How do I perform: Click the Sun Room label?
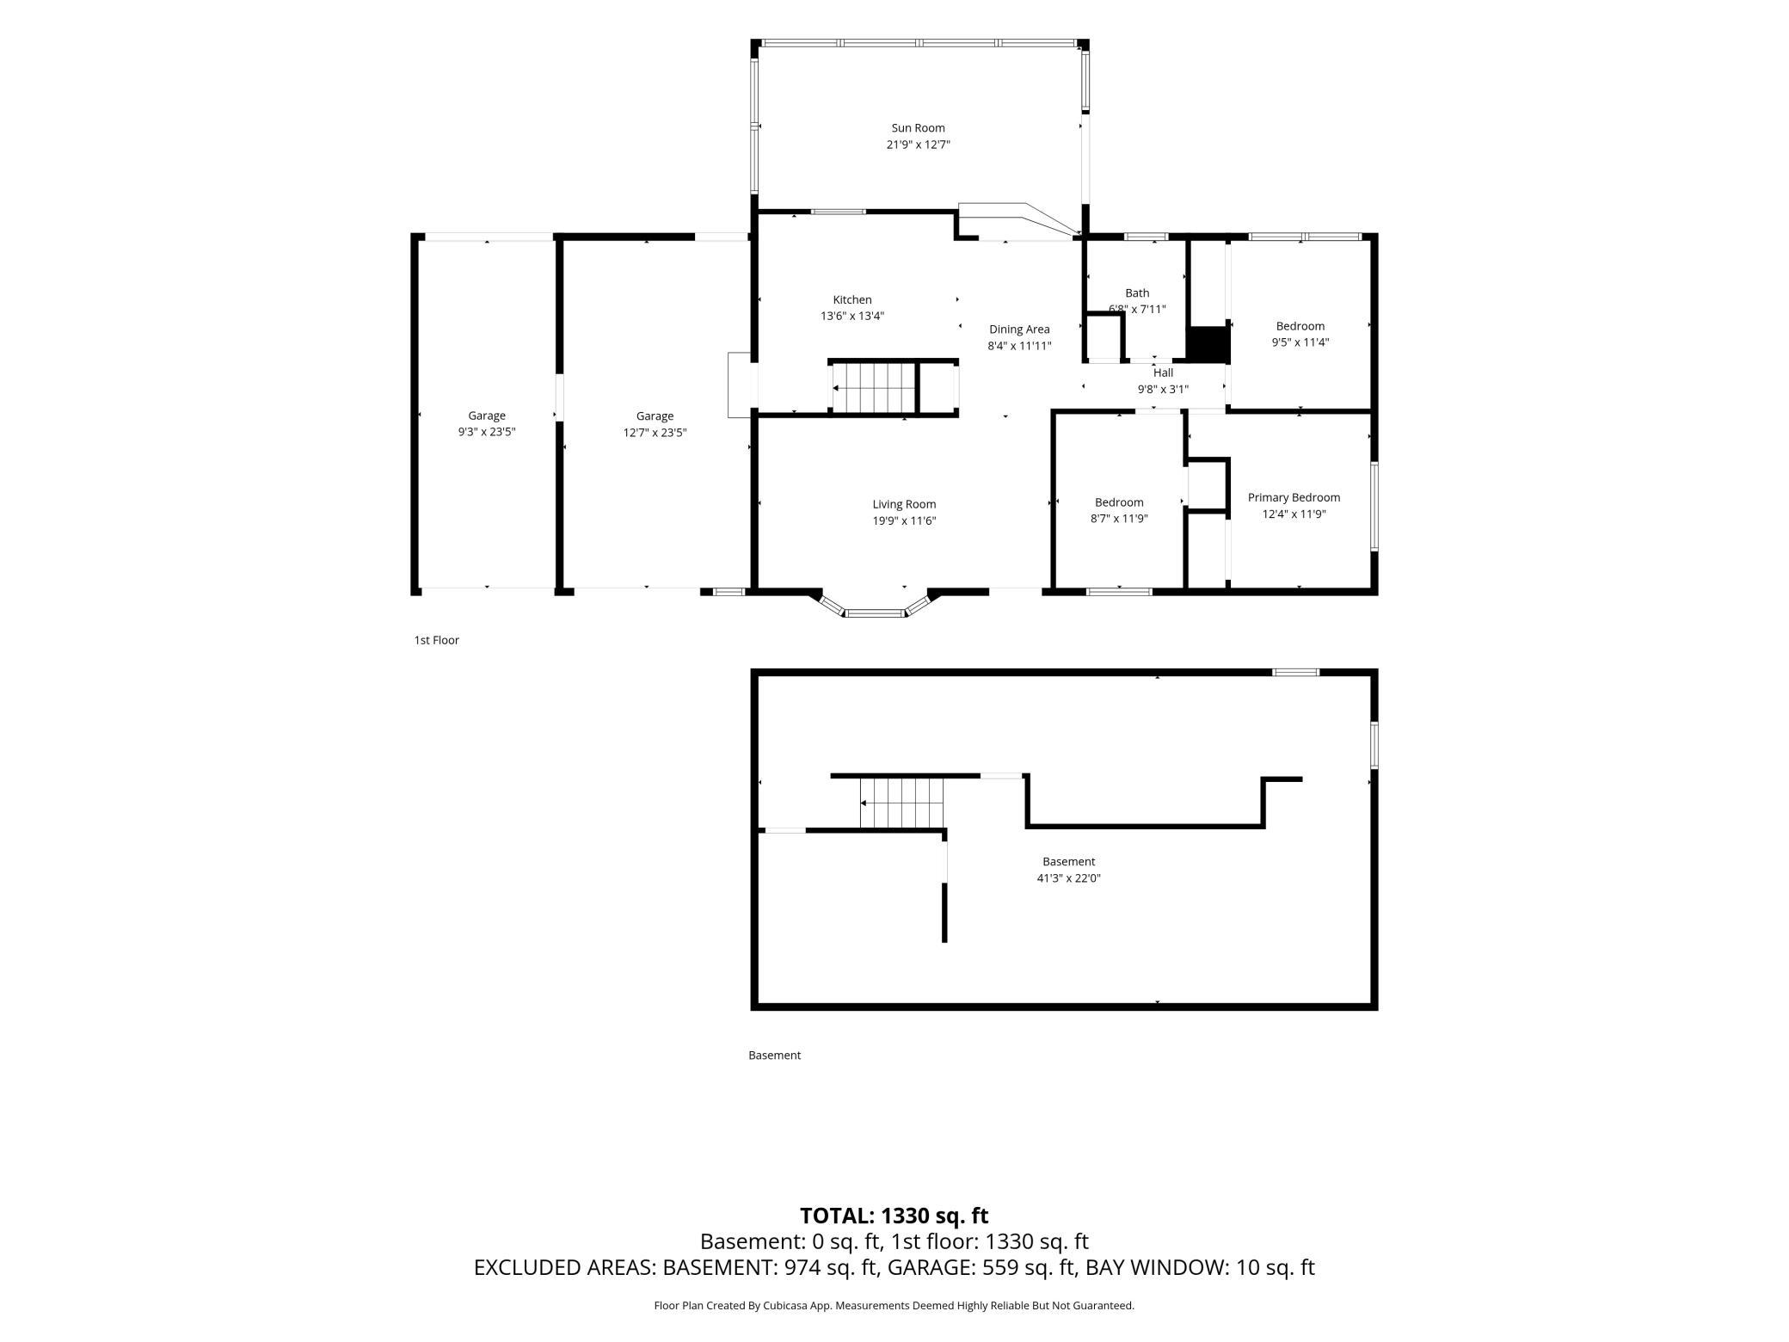[x=918, y=128]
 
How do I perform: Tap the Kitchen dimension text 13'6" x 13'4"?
[x=851, y=317]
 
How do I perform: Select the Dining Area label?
[x=1019, y=329]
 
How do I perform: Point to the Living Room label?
[x=904, y=505]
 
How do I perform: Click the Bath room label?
[x=1137, y=293]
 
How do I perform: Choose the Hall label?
[x=1163, y=373]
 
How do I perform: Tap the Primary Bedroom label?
[x=1294, y=498]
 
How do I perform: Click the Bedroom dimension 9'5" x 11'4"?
[x=1300, y=342]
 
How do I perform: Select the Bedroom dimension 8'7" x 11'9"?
[x=1119, y=519]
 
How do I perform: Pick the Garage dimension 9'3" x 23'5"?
[x=487, y=433]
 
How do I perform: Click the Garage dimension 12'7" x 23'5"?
[x=655, y=433]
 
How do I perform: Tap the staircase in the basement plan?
[x=902, y=803]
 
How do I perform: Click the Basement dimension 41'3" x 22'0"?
[x=1068, y=878]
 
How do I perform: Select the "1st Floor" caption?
[x=436, y=640]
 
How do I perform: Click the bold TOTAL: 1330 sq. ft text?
[x=894, y=1216]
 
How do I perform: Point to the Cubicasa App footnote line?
[x=894, y=1306]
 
